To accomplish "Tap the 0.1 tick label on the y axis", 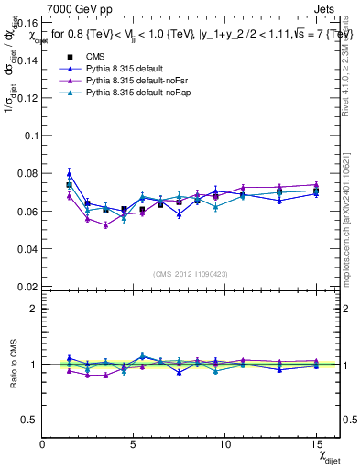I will tap(29, 135).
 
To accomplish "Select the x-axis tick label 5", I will tap(134, 443).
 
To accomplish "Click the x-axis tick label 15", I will tap(316, 443).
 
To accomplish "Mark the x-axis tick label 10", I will tap(225, 443).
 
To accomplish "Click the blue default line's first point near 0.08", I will tap(70, 173).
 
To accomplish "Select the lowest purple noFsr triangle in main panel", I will tap(105, 224).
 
